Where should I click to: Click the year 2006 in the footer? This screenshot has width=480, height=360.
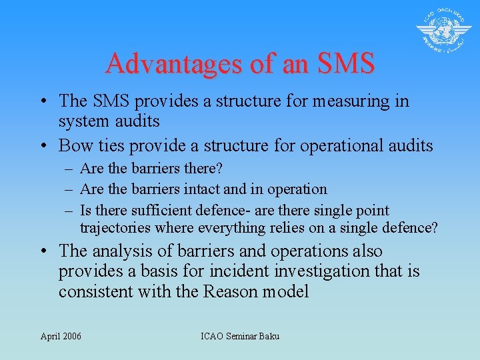click(x=70, y=336)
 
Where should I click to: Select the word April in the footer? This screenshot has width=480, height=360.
click(x=49, y=336)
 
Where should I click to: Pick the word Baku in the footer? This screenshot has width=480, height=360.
click(x=268, y=336)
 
